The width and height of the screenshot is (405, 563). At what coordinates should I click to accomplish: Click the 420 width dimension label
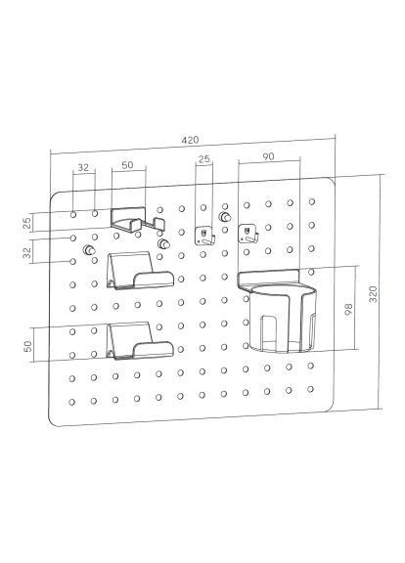[190, 140]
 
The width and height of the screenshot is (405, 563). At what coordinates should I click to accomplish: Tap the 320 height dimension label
[374, 294]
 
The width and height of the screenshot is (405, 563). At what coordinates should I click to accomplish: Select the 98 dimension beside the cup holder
[348, 310]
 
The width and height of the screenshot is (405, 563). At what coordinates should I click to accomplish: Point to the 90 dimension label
[268, 156]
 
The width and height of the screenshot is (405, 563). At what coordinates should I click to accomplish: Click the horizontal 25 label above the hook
[204, 159]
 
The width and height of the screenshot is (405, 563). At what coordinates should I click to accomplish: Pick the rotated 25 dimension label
[27, 224]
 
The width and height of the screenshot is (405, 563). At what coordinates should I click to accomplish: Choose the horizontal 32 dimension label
[83, 167]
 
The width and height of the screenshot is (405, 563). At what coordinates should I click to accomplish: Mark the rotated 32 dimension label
[27, 251]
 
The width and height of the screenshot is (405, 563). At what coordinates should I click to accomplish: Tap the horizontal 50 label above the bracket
[127, 165]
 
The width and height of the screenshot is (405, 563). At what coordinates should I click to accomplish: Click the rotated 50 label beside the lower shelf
[27, 346]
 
